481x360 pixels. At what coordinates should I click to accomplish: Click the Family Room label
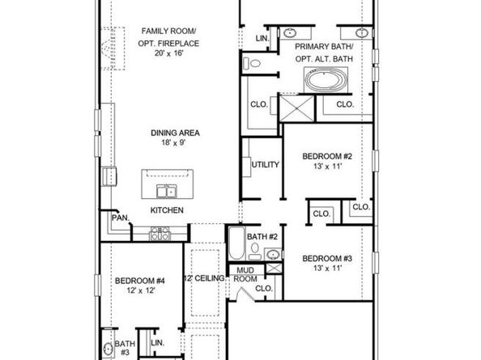tap(168, 32)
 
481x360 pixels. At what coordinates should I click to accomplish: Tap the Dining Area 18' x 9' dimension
tap(174, 142)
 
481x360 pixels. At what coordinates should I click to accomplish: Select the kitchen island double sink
tap(167, 191)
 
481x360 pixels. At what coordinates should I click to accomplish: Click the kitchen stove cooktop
tap(160, 234)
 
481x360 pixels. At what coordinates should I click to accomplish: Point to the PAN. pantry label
tap(121, 218)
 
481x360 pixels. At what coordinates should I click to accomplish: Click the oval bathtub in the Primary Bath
tap(326, 79)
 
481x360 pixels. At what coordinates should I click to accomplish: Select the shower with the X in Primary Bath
tap(297, 108)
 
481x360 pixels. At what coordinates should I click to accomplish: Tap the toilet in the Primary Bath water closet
tap(252, 64)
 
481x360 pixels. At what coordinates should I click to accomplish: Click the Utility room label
tap(266, 165)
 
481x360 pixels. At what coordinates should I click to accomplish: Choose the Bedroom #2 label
tap(327, 156)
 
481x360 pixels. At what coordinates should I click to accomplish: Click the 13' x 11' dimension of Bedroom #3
tap(327, 269)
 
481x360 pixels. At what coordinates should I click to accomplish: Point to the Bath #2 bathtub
tap(236, 243)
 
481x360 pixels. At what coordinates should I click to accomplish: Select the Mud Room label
tap(245, 274)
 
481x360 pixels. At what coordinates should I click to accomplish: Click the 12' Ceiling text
tap(204, 278)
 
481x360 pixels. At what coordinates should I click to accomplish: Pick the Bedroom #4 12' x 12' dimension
tap(141, 290)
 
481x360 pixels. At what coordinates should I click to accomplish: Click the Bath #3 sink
tap(108, 349)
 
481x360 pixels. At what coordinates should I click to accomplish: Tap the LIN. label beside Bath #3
tap(158, 343)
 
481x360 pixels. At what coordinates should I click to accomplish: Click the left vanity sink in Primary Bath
tap(290, 32)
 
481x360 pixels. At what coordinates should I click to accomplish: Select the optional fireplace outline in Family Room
tap(113, 49)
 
